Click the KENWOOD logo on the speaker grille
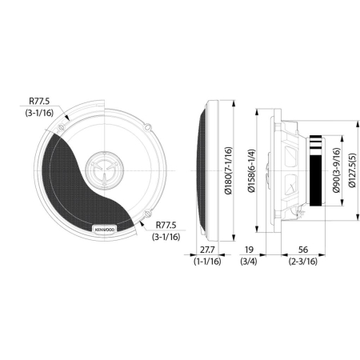point(104,230)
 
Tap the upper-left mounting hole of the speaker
point(68,128)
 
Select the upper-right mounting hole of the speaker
point(148,128)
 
